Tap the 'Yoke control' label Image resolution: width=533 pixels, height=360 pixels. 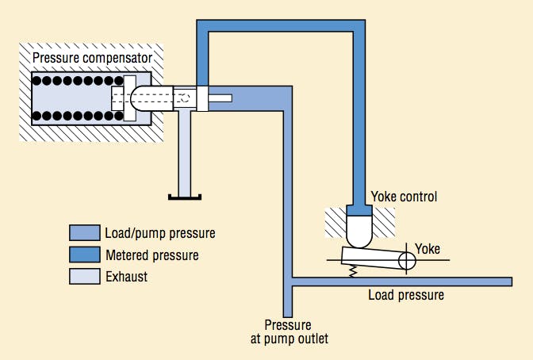tap(404, 196)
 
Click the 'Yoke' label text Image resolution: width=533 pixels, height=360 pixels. tap(427, 247)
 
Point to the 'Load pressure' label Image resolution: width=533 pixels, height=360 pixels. tap(405, 296)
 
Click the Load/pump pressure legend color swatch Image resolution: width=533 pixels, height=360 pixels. tap(83, 233)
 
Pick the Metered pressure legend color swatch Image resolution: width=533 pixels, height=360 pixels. tap(83, 255)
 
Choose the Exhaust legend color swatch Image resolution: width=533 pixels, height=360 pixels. tap(83, 277)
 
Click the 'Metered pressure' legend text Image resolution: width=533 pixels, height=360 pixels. tap(151, 255)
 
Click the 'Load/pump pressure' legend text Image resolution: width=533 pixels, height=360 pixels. tap(159, 233)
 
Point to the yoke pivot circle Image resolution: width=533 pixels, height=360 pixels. tap(408, 259)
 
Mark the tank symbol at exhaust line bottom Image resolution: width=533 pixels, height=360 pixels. tap(185, 197)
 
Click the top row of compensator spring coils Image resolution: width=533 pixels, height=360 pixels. tap(75, 81)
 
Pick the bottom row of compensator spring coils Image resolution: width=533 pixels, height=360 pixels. tap(75, 117)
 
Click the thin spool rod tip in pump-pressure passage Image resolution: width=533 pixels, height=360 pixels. tap(222, 98)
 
